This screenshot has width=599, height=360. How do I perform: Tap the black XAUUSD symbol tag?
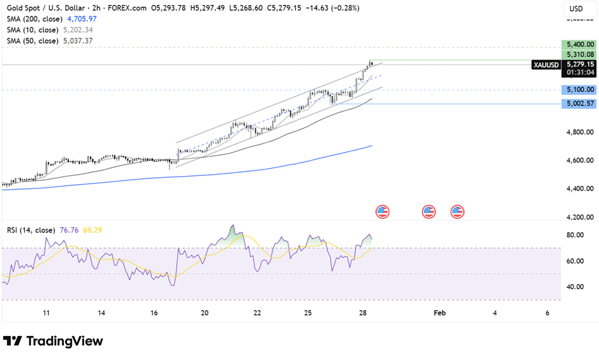pyautogui.click(x=545, y=65)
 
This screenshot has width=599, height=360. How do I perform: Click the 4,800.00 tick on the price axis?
pyautogui.click(x=580, y=132)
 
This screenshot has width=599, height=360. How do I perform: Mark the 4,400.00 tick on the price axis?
pyautogui.click(x=580, y=189)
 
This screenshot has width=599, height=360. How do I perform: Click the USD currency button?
pyautogui.click(x=576, y=9)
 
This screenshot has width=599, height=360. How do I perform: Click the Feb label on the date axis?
pyautogui.click(x=439, y=313)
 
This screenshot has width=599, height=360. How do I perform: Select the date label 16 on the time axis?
pyautogui.click(x=154, y=313)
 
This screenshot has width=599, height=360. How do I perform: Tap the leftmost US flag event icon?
pyautogui.click(x=382, y=211)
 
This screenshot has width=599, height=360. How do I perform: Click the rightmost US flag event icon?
pyautogui.click(x=457, y=211)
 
